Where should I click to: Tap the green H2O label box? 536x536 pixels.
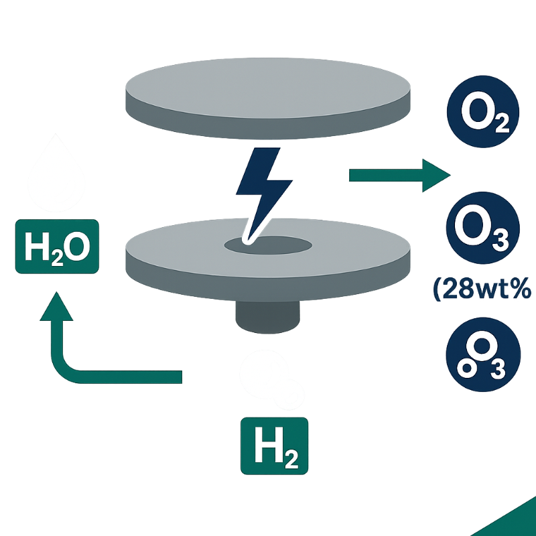click(56, 248)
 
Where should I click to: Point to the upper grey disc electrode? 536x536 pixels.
click(268, 94)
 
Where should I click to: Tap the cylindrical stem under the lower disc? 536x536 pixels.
click(267, 315)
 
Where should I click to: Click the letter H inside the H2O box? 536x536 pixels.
click(37, 249)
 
